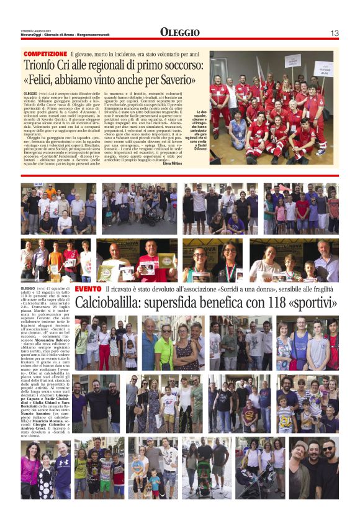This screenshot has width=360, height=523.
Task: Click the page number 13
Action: pos(335,32)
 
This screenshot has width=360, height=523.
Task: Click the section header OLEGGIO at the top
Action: pos(179,32)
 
